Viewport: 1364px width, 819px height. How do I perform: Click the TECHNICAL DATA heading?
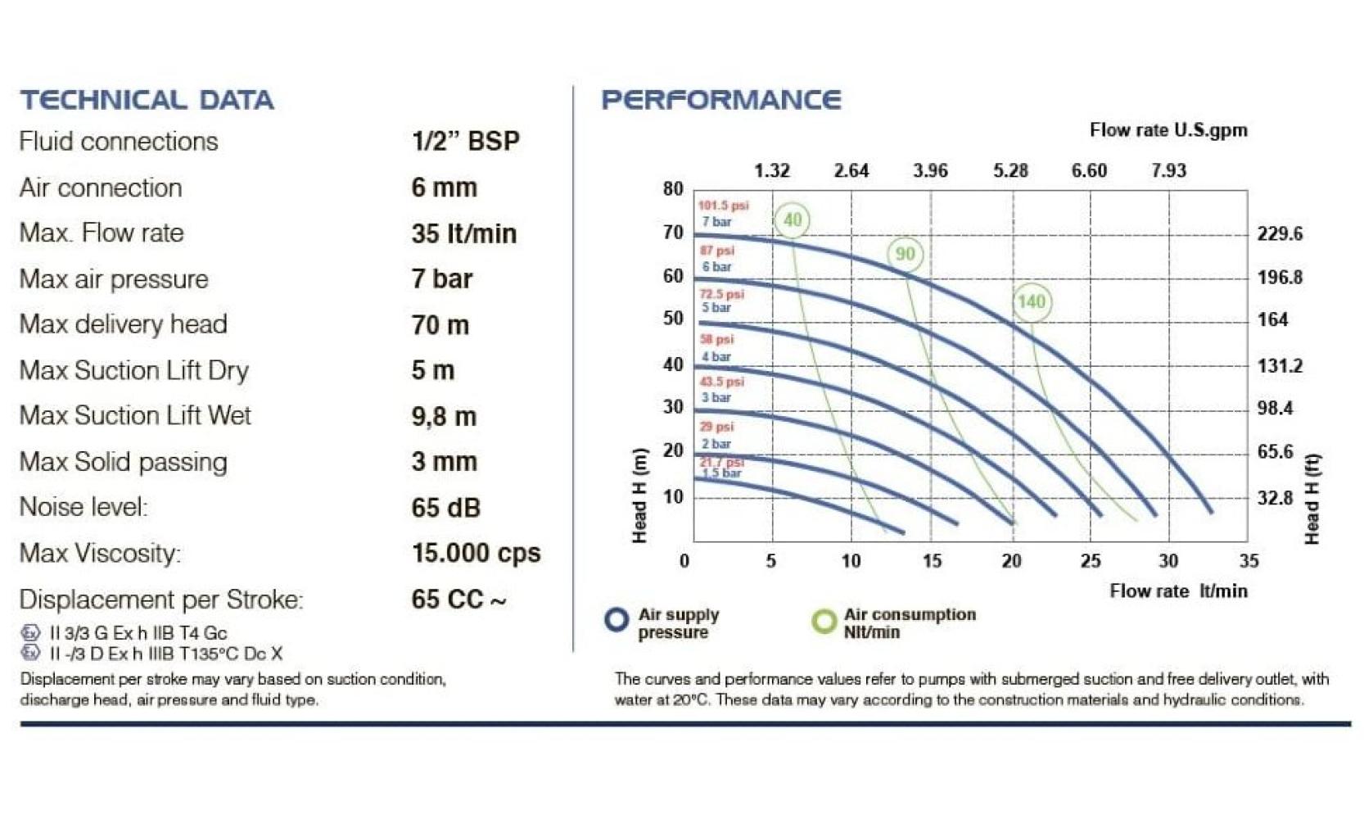(147, 100)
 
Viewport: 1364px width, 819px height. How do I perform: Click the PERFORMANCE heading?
(720, 100)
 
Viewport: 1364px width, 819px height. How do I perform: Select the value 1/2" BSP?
(465, 141)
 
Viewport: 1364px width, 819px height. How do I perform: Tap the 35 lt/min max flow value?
(463, 233)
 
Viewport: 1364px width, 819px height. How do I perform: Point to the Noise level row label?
(84, 507)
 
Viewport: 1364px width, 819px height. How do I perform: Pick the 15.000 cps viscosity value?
(476, 553)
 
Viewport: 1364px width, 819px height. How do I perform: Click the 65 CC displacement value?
(458, 599)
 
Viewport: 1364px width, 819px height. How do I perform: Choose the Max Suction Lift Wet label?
(135, 415)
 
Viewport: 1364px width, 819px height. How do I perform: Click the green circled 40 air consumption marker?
(792, 219)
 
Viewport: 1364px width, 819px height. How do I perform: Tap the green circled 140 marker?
(1031, 301)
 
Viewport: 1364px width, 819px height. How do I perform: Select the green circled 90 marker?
(905, 254)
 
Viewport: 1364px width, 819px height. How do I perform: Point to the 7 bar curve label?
(716, 222)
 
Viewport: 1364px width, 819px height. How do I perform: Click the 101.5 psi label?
(723, 206)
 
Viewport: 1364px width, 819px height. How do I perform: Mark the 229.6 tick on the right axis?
(1280, 234)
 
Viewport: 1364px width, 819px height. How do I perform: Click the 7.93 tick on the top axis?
(1168, 170)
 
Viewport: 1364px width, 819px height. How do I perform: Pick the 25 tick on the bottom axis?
(1091, 561)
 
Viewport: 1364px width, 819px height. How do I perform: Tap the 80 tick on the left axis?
(673, 189)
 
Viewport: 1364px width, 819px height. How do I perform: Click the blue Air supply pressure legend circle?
(617, 620)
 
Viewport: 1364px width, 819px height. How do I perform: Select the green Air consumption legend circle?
(824, 621)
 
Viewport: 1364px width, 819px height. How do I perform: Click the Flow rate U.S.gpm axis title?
(1168, 130)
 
